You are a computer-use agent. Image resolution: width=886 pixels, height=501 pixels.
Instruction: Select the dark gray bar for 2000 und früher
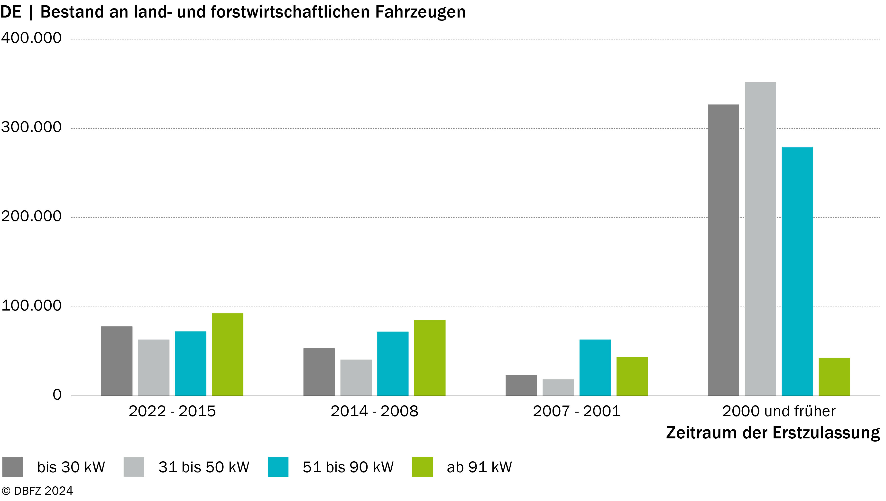pyautogui.click(x=723, y=250)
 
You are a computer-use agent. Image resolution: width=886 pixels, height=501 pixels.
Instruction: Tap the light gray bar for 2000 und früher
pyautogui.click(x=760, y=239)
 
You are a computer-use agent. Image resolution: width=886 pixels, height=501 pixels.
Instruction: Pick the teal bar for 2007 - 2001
pyautogui.click(x=595, y=368)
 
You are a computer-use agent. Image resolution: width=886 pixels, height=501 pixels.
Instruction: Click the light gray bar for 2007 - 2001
pyautogui.click(x=558, y=388)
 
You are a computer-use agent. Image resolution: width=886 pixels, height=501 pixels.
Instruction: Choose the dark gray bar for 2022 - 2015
pyautogui.click(x=117, y=361)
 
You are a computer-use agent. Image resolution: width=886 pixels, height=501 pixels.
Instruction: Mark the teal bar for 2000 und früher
pyautogui.click(x=797, y=272)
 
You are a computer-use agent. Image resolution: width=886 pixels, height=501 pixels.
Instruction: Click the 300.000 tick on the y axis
pyautogui.click(x=31, y=127)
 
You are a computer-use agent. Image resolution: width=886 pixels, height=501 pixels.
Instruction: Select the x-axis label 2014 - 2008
pyautogui.click(x=374, y=411)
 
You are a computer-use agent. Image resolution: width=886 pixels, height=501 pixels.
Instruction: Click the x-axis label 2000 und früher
pyautogui.click(x=779, y=411)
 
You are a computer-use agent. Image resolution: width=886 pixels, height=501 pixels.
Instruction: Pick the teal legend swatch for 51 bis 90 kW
pyautogui.click(x=278, y=467)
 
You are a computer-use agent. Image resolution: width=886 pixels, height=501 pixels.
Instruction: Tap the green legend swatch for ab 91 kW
pyautogui.click(x=422, y=467)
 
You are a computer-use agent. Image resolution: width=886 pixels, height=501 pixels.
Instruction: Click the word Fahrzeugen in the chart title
pyautogui.click(x=420, y=12)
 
